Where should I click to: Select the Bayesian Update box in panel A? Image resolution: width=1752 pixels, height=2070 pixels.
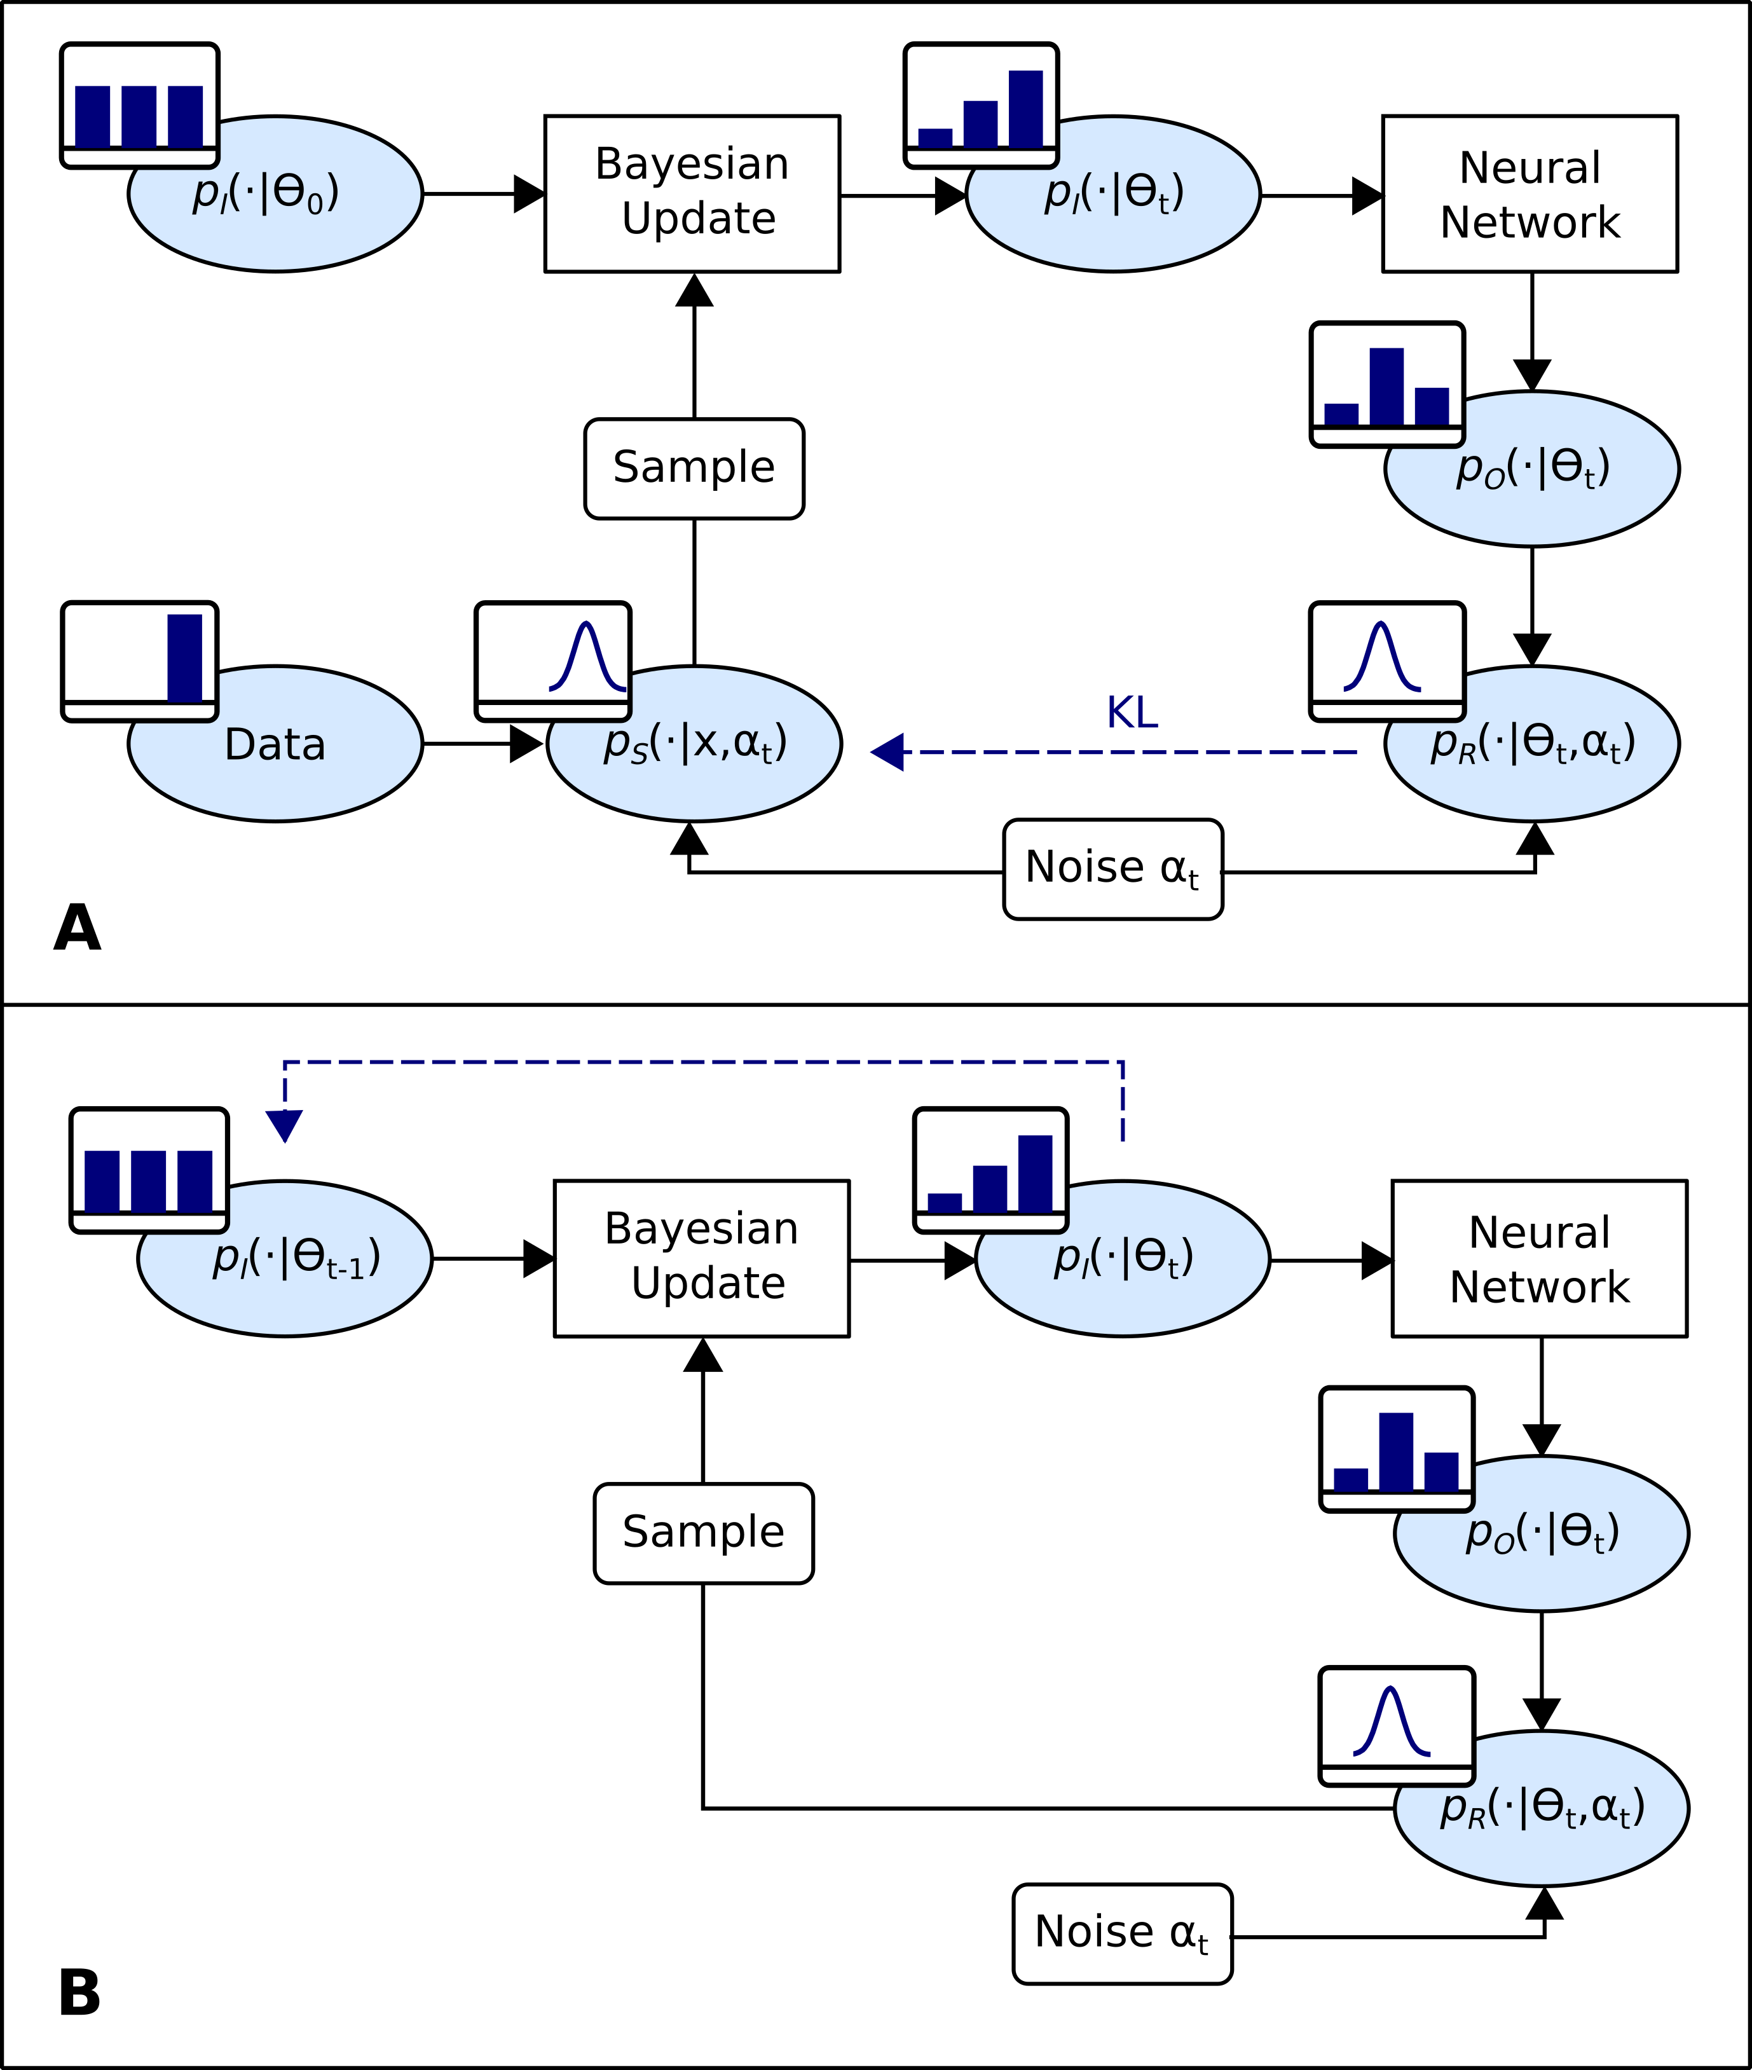(692, 194)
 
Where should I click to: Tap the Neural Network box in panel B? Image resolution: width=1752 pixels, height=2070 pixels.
(1540, 1259)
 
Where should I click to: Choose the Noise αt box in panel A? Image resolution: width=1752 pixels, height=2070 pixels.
(1112, 869)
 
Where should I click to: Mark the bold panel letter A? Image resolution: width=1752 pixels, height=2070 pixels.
(78, 929)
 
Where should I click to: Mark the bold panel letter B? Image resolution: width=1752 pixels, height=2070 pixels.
(79, 1994)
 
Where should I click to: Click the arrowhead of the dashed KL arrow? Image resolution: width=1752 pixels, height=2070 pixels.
(887, 752)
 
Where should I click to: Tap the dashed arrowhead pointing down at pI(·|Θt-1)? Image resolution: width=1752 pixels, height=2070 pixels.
(284, 1125)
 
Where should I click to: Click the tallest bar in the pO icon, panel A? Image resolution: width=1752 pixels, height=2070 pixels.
(1386, 387)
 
